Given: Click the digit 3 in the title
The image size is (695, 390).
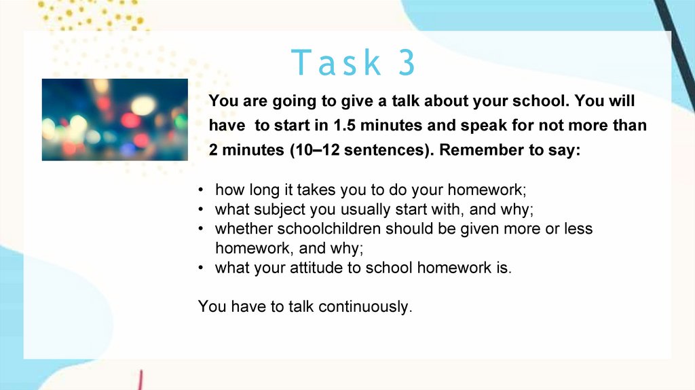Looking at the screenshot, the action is pyautogui.click(x=407, y=62).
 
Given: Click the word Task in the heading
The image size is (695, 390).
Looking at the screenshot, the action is pyautogui.click(x=336, y=62).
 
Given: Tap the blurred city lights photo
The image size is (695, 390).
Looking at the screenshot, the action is pyautogui.click(x=115, y=120).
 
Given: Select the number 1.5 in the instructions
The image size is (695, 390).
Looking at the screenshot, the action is pyautogui.click(x=344, y=126).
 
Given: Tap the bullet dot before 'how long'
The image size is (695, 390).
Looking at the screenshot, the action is pyautogui.click(x=201, y=190).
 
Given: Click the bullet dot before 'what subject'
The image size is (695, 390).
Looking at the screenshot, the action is pyautogui.click(x=201, y=209).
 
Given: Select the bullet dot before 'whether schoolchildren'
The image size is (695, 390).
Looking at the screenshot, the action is pyautogui.click(x=201, y=229).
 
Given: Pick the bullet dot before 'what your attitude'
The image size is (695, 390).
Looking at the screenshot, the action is pyautogui.click(x=201, y=268).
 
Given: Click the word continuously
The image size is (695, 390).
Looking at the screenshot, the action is pyautogui.click(x=365, y=306).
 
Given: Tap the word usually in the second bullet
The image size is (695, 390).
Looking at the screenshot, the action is pyautogui.click(x=350, y=209).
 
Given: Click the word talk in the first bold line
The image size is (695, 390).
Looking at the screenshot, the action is pyautogui.click(x=405, y=101).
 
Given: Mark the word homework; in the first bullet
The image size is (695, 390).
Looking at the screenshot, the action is pyautogui.click(x=487, y=190).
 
